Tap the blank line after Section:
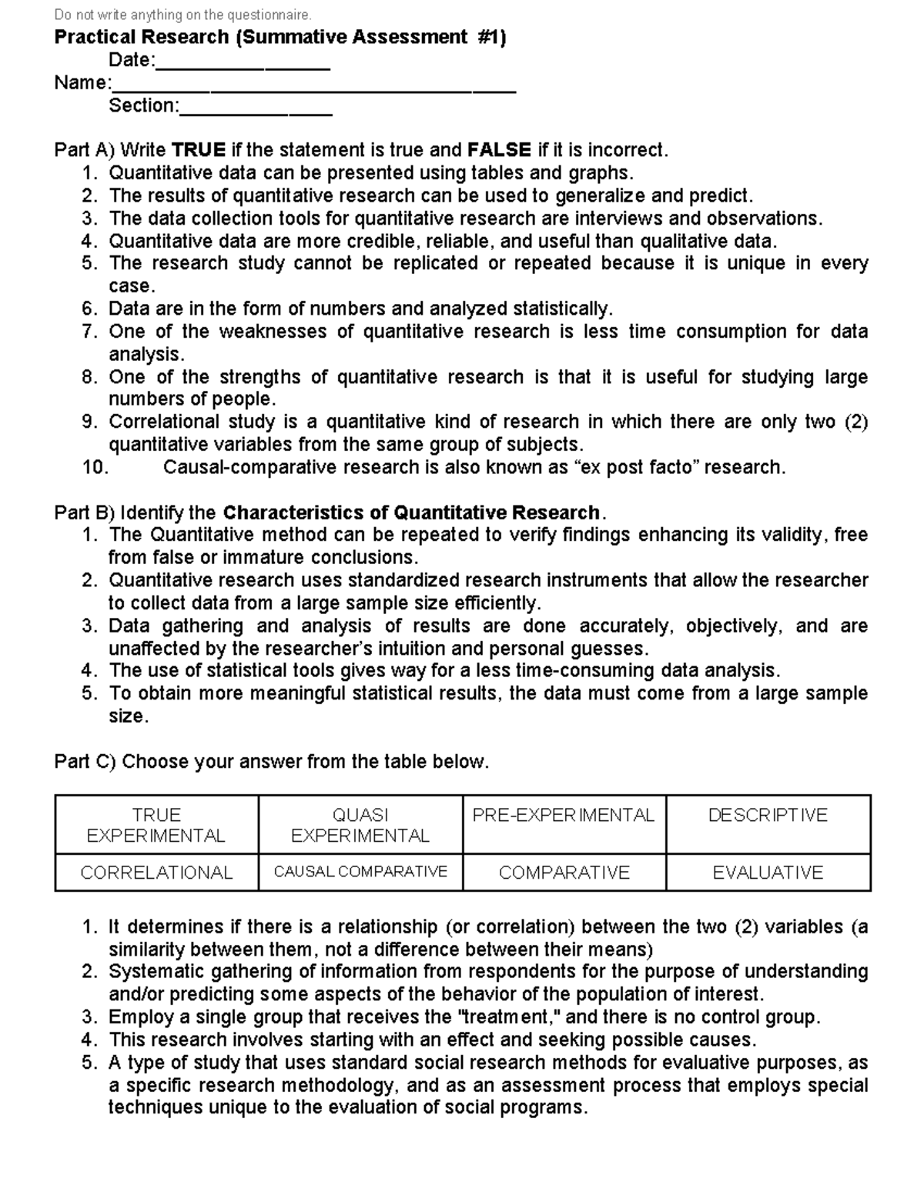pyautogui.click(x=255, y=108)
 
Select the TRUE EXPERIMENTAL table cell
pyautogui.click(x=156, y=825)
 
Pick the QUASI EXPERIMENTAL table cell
pyautogui.click(x=360, y=825)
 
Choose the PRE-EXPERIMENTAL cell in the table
pyautogui.click(x=564, y=825)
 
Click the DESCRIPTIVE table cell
pyautogui.click(x=768, y=825)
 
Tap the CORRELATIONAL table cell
pyautogui.click(x=156, y=873)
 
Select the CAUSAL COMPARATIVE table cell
pyautogui.click(x=360, y=873)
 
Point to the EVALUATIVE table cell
pyautogui.click(x=768, y=873)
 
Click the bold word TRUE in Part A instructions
pyautogui.click(x=199, y=150)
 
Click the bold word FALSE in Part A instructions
pyautogui.click(x=499, y=150)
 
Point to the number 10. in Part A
pyautogui.click(x=95, y=468)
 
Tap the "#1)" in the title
pyautogui.click(x=490, y=38)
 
